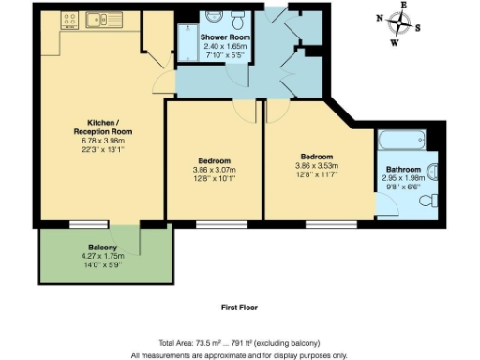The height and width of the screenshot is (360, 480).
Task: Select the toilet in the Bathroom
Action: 433,172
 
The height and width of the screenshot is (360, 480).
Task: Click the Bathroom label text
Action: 405,170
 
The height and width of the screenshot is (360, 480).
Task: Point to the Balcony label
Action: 91,247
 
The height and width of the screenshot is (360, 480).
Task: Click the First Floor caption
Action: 239,307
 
